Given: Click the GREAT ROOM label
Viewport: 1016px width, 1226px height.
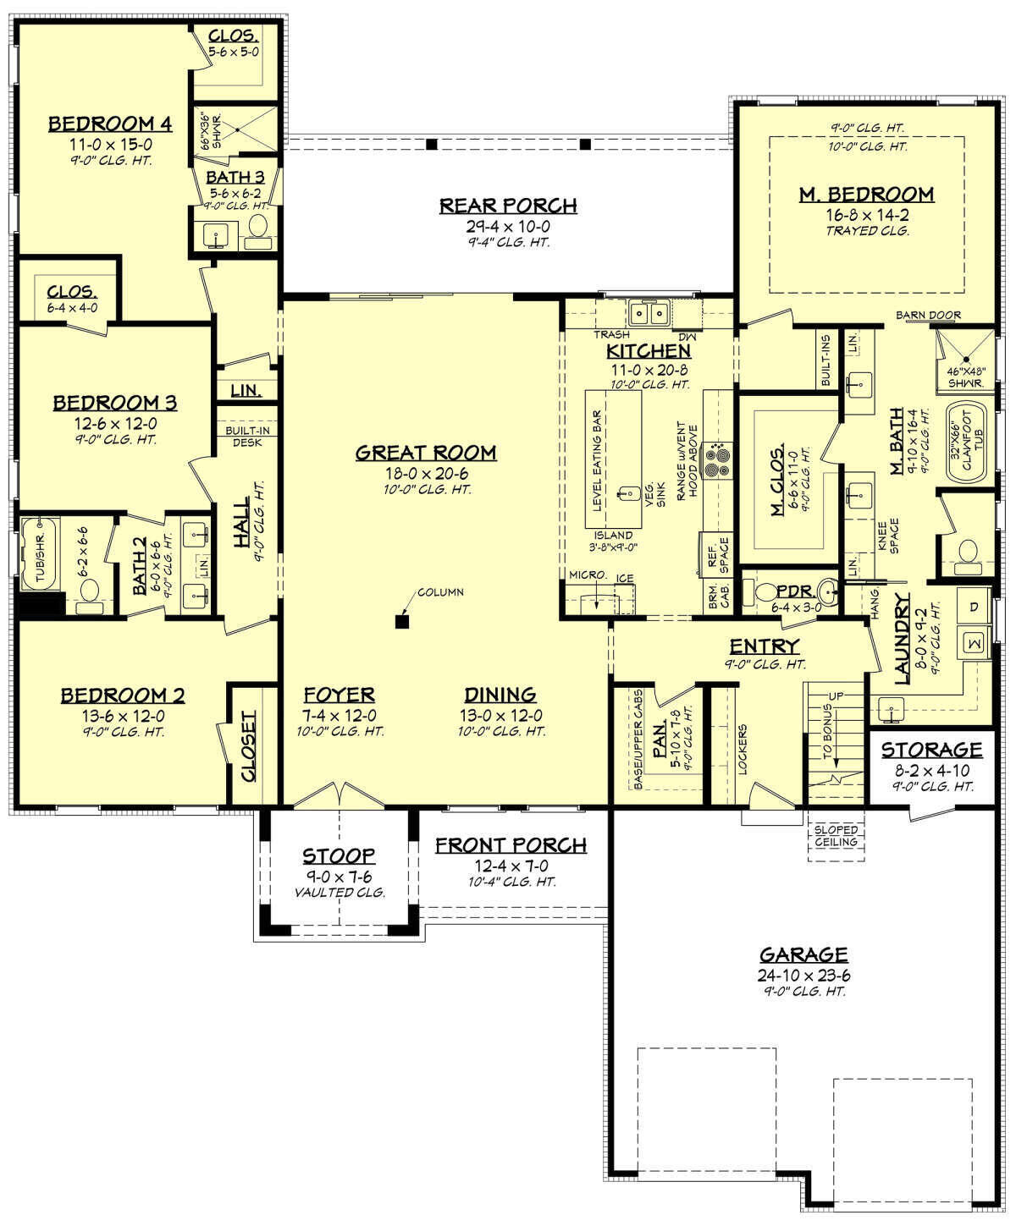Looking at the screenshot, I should (x=425, y=453).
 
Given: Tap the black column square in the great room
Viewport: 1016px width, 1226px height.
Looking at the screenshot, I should (x=402, y=623).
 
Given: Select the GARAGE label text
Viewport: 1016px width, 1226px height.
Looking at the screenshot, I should (x=803, y=954).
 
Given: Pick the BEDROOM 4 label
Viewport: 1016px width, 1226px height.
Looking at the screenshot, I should (x=110, y=124).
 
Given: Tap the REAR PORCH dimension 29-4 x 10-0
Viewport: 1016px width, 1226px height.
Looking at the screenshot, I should (x=508, y=226).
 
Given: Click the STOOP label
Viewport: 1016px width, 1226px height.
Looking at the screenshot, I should (x=339, y=856).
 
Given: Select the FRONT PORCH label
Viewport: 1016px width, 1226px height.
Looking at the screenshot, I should (x=511, y=845).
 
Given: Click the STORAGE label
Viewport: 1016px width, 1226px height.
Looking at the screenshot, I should (x=931, y=750).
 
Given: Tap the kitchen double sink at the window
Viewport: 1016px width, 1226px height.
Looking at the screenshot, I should (x=649, y=314).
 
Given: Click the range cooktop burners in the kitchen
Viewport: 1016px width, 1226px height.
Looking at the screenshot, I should (x=721, y=459).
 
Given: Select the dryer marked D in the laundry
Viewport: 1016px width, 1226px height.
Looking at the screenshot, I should (x=973, y=608).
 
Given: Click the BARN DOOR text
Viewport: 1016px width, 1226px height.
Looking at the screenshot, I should (x=929, y=316).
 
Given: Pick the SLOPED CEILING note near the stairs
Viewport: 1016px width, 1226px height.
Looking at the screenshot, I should (x=837, y=836).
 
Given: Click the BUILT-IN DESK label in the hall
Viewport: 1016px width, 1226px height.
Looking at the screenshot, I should (x=247, y=436).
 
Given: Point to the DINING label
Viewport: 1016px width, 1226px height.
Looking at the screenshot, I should (x=500, y=695).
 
